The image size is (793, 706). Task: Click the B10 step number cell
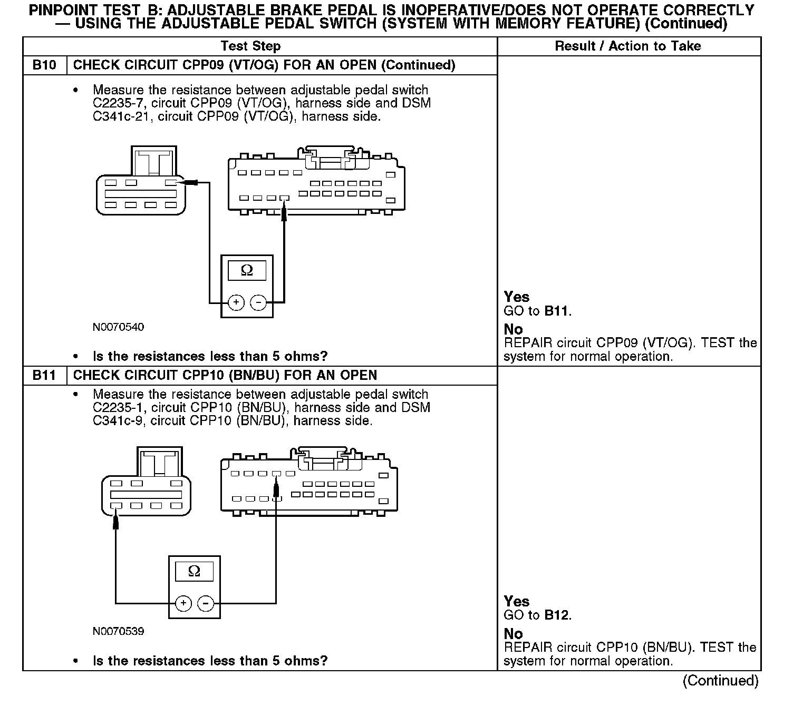click(x=44, y=65)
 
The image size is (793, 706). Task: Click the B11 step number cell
click(x=44, y=375)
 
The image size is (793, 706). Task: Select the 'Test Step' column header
click(x=250, y=46)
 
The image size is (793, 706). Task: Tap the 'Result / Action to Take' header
click(x=628, y=46)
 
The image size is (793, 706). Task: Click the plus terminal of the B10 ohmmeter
click(x=236, y=302)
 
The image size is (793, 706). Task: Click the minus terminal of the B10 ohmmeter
click(x=258, y=302)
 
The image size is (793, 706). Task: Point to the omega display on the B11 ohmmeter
click(x=194, y=572)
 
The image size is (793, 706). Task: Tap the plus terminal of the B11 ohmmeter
click(x=183, y=603)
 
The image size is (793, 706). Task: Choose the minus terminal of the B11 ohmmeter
click(x=206, y=603)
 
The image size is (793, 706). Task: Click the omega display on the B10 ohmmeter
click(x=247, y=271)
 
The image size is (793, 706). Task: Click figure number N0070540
click(x=118, y=327)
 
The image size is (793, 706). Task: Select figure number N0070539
click(x=118, y=631)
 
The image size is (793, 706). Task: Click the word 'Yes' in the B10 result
click(x=516, y=297)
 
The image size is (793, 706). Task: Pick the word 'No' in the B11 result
click(x=513, y=634)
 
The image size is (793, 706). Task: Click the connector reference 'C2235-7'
click(x=118, y=103)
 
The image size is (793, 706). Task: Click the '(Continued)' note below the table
click(x=720, y=681)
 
